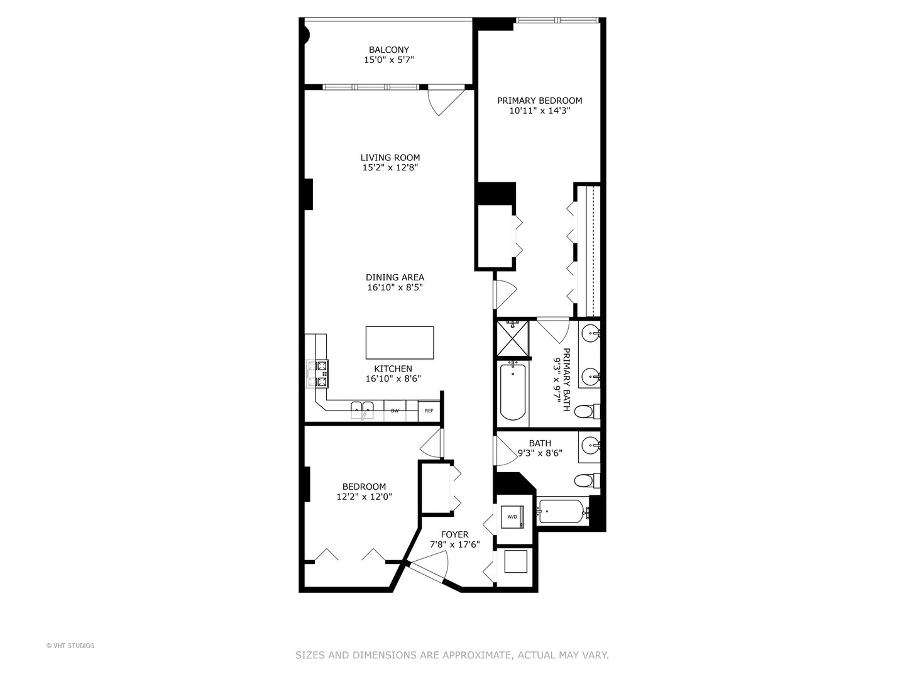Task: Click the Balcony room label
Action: [x=388, y=50]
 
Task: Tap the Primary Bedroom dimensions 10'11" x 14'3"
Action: [x=539, y=111]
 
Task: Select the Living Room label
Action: [x=390, y=158]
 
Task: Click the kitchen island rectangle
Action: [x=400, y=343]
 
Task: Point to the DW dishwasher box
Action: [x=395, y=411]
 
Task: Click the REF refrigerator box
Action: [x=429, y=411]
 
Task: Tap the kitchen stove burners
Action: [x=317, y=373]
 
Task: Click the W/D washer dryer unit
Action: [x=512, y=517]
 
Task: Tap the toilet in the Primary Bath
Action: [x=586, y=412]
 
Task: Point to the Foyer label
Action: [x=454, y=534]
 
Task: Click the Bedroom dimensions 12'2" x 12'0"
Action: [x=365, y=496]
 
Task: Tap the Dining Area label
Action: [x=395, y=277]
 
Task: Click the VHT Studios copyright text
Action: [x=70, y=646]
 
